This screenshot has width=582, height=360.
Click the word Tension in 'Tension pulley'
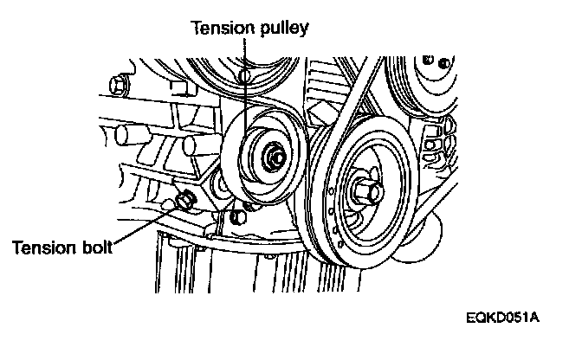tap(219, 28)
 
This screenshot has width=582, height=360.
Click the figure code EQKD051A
tap(502, 317)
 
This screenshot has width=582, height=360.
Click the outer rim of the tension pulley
tap(229, 156)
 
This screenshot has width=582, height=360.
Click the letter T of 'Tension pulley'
tap(195, 28)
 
